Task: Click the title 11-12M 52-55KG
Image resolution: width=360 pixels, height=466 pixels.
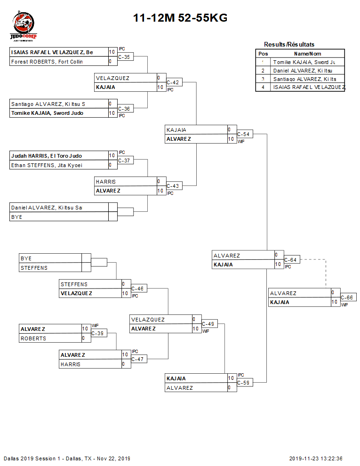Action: point(180,18)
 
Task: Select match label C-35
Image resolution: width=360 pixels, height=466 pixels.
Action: point(124,57)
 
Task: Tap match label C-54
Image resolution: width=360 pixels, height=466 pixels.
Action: point(244,135)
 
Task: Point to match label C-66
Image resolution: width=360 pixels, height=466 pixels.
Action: point(347,298)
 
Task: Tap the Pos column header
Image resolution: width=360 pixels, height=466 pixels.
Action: point(263,54)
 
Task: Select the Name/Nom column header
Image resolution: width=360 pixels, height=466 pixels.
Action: point(307,54)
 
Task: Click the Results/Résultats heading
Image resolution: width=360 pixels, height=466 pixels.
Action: point(289,45)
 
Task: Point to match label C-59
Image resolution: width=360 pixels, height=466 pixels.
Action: point(244,383)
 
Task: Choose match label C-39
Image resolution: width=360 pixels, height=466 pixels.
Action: point(97,334)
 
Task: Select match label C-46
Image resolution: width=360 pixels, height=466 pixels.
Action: point(137,289)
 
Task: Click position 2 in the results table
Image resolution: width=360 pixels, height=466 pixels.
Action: point(263,71)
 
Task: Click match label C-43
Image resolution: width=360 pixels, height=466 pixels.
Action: point(173,186)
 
